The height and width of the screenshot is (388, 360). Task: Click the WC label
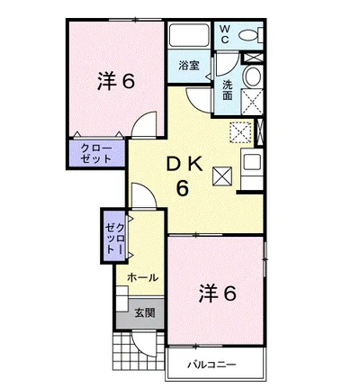point(225,34)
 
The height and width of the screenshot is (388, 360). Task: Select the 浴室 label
point(189,66)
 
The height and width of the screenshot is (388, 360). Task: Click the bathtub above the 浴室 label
point(189,34)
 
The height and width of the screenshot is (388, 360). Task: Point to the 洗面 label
point(228,90)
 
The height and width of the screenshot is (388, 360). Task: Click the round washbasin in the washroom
point(253,76)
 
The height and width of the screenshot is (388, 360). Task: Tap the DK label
point(184,165)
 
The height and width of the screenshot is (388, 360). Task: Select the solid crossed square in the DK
point(222,176)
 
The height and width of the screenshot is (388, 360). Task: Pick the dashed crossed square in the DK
point(240,132)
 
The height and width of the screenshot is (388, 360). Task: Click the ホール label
point(142,277)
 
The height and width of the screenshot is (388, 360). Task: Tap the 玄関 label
point(145,312)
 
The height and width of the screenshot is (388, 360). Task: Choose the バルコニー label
point(211,365)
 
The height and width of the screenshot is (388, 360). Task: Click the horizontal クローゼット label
point(96,153)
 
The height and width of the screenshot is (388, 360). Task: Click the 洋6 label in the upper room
point(116,81)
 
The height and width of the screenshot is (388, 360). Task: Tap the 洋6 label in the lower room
point(218,293)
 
